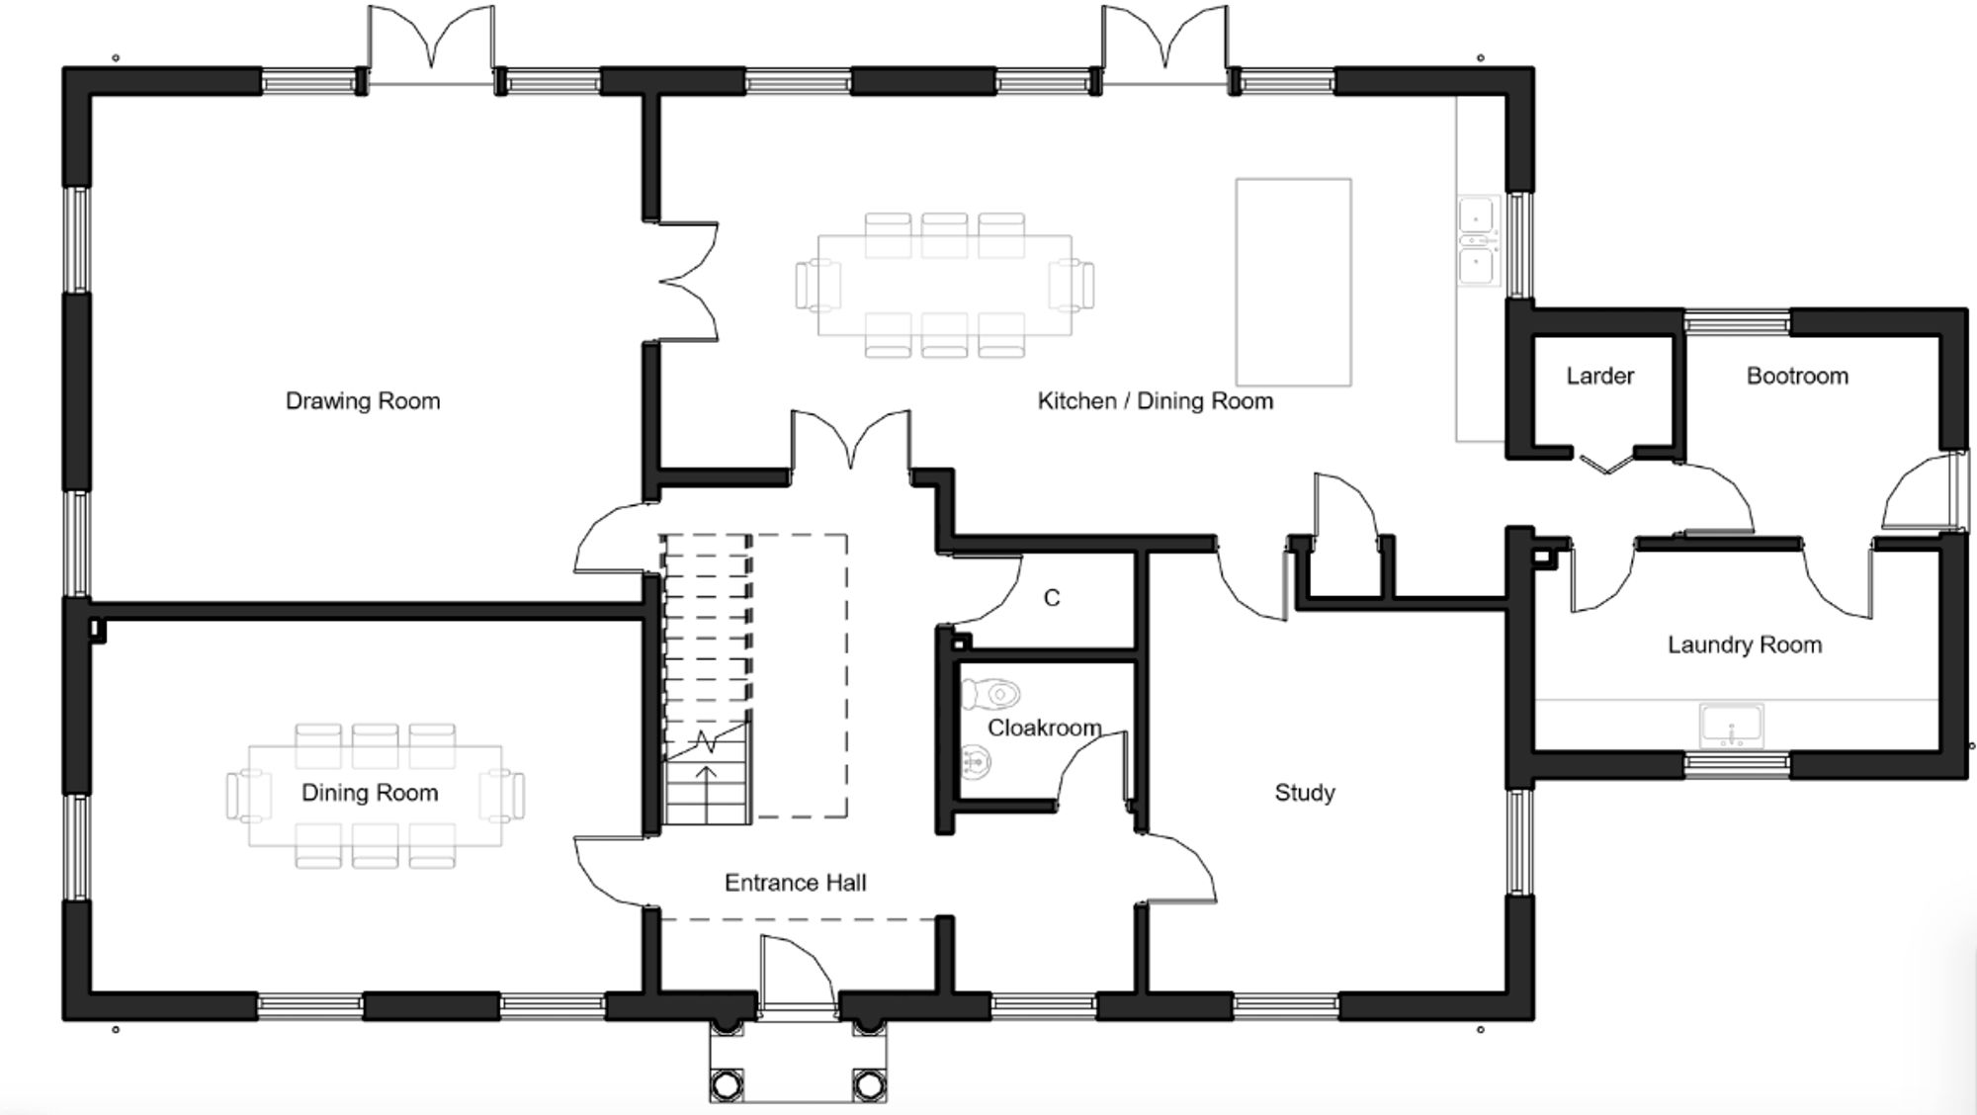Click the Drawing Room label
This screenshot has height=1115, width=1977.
[363, 401]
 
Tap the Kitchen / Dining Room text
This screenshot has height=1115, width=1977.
[1155, 401]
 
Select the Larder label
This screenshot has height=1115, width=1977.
[1599, 377]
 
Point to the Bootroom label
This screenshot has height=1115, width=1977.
[1796, 377]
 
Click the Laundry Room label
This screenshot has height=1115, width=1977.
[1744, 645]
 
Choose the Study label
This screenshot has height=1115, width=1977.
[1304, 793]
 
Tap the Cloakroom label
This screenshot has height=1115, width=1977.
[1044, 729]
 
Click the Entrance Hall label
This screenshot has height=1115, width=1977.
[795, 883]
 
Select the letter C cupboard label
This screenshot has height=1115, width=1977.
[1052, 598]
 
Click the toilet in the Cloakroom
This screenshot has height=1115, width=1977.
[992, 694]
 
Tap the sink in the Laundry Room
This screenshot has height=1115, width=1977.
[1731, 726]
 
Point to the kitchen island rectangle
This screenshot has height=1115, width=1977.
[1293, 282]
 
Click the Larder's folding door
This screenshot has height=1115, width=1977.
[1606, 463]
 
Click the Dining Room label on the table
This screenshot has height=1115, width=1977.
[370, 793]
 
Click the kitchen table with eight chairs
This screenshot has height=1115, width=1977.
[944, 285]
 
